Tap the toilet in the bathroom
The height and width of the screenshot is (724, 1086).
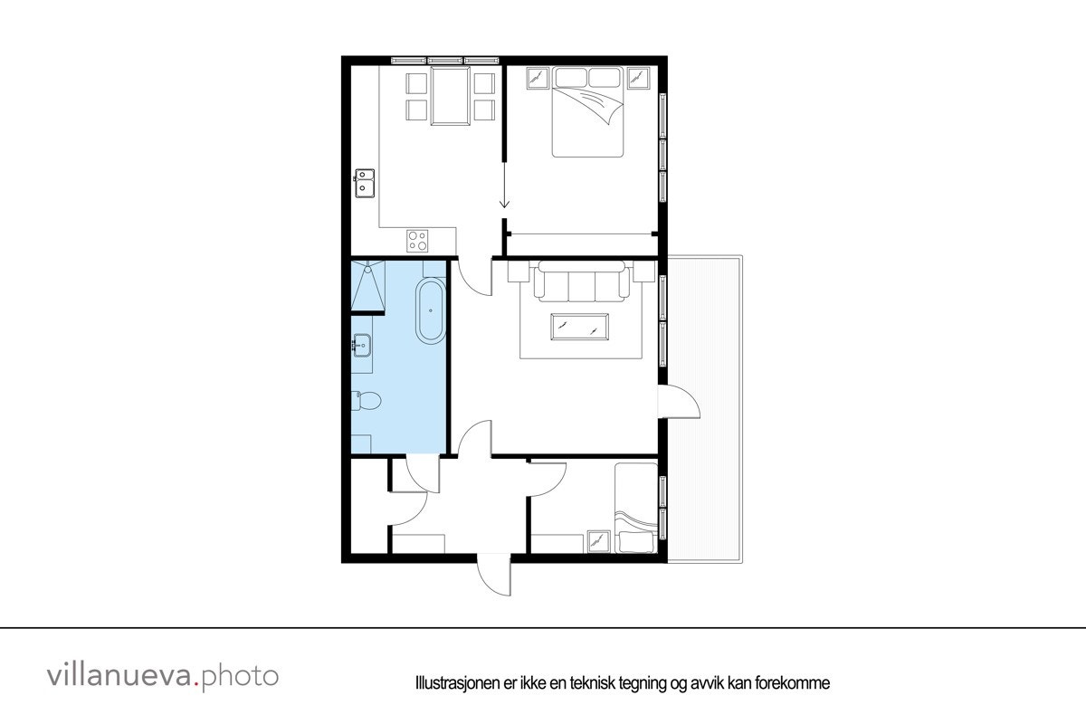pos(367,400)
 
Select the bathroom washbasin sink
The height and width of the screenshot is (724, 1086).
pos(362,344)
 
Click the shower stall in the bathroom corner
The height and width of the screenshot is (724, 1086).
pos(368,285)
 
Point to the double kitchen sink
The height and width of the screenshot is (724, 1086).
pos(366,184)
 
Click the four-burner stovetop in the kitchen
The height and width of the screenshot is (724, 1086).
pos(417,241)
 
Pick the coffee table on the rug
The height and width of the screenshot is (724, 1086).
pos(580,325)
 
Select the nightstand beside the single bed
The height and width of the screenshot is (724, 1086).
pos(597,541)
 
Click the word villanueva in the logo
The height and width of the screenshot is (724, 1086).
pos(120,675)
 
